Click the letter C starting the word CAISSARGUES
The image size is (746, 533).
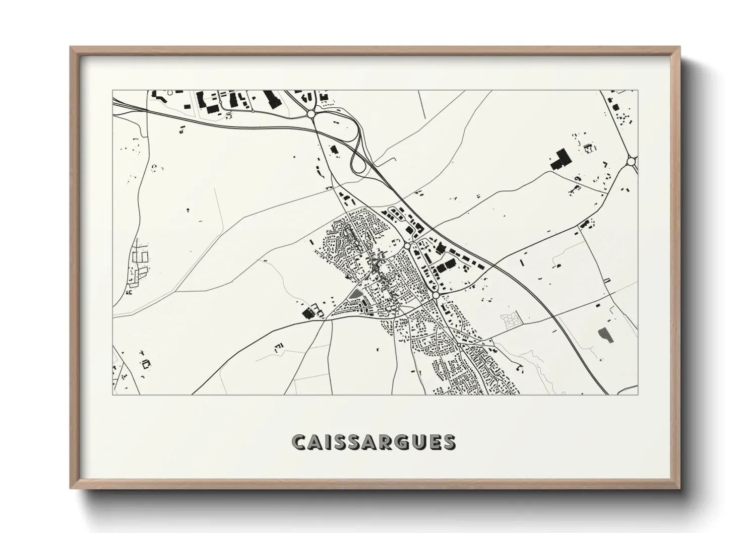pos(298,442)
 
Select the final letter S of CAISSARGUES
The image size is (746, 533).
pos(448,442)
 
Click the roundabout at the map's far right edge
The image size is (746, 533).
pos(631,162)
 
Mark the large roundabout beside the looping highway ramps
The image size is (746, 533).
pos(311,114)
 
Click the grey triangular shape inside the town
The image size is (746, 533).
pos(356,294)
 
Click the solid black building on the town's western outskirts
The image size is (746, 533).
pos(306,313)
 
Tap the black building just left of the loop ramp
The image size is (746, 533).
pos(333,149)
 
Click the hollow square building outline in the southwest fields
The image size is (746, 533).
pos(146,363)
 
